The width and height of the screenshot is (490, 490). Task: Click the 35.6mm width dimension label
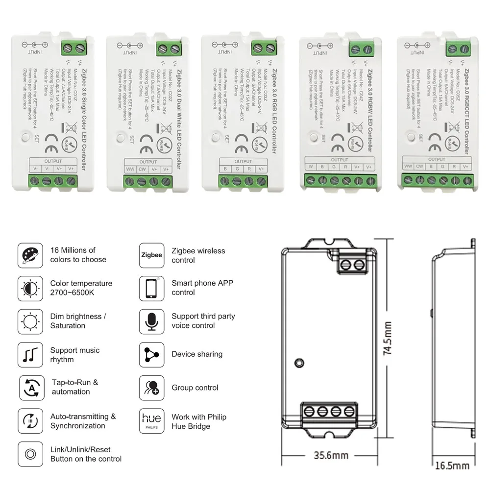coord(331,455)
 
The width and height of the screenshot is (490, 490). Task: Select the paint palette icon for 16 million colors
coord(29,255)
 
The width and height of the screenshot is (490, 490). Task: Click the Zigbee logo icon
coord(151,255)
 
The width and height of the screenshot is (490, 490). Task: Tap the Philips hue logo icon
coord(151,421)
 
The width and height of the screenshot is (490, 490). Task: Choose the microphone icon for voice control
coord(151,321)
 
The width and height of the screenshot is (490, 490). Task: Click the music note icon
coord(29,355)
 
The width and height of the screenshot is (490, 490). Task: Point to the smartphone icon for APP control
coord(151,288)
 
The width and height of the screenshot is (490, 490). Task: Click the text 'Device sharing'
coord(197,354)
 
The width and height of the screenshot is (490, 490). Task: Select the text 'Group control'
coord(195,388)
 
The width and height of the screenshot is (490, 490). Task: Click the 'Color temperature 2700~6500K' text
coord(81,288)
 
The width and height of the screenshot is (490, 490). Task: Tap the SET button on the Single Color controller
coord(25,137)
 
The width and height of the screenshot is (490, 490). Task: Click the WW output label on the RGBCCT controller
coord(408,166)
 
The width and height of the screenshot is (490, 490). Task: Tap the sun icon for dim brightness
coord(29,321)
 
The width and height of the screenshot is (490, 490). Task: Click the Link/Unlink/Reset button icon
coord(29,454)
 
